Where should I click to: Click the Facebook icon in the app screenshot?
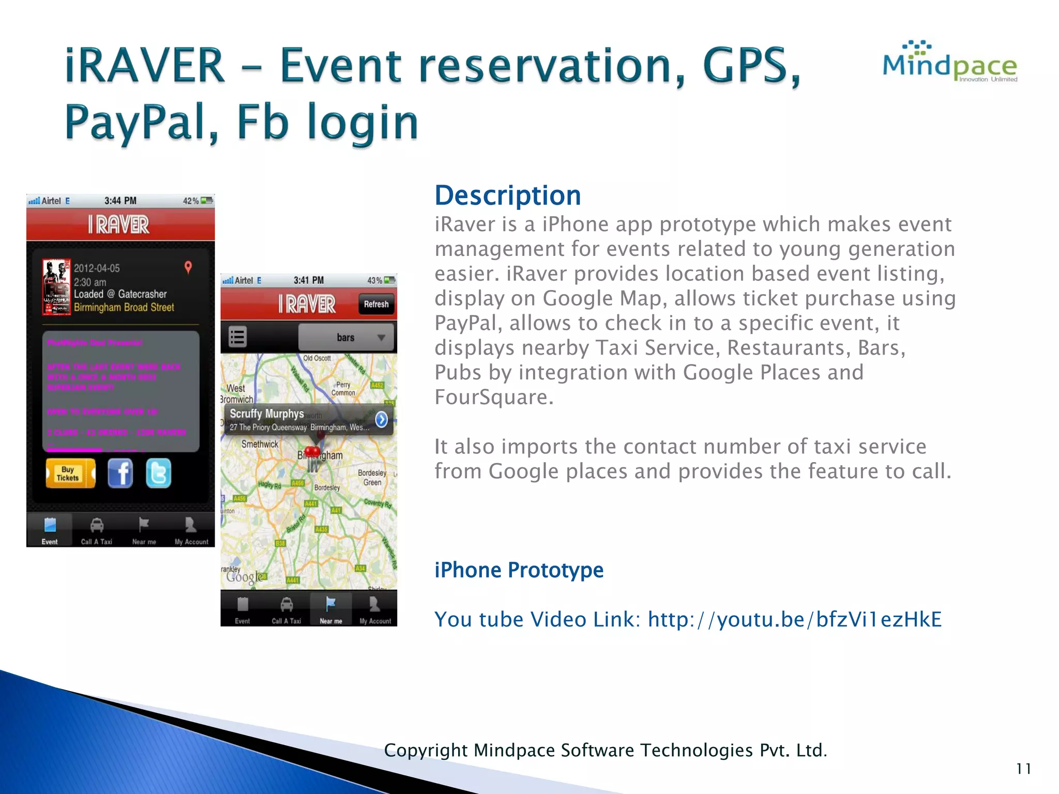pyautogui.click(x=120, y=474)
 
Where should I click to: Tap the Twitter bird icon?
pyautogui.click(x=158, y=474)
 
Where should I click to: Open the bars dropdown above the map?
pyautogui.click(x=346, y=338)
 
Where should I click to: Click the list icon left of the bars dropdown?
pyautogui.click(x=237, y=338)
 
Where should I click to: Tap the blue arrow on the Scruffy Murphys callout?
pyautogui.click(x=381, y=419)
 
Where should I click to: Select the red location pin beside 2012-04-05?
pyautogui.click(x=188, y=267)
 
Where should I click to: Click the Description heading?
pyautogui.click(x=507, y=196)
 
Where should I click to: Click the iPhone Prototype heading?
pyautogui.click(x=519, y=570)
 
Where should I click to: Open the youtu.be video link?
pyautogui.click(x=794, y=619)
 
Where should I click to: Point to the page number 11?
pyautogui.click(x=1023, y=769)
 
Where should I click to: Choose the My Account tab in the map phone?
pyautogui.click(x=375, y=610)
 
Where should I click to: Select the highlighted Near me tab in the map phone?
pyautogui.click(x=331, y=610)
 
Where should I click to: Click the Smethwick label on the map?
pyautogui.click(x=260, y=444)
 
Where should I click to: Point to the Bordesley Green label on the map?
pyautogui.click(x=372, y=478)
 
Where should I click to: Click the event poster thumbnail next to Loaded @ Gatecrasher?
pyautogui.click(x=56, y=287)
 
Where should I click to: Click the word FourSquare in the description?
pyautogui.click(x=493, y=398)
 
